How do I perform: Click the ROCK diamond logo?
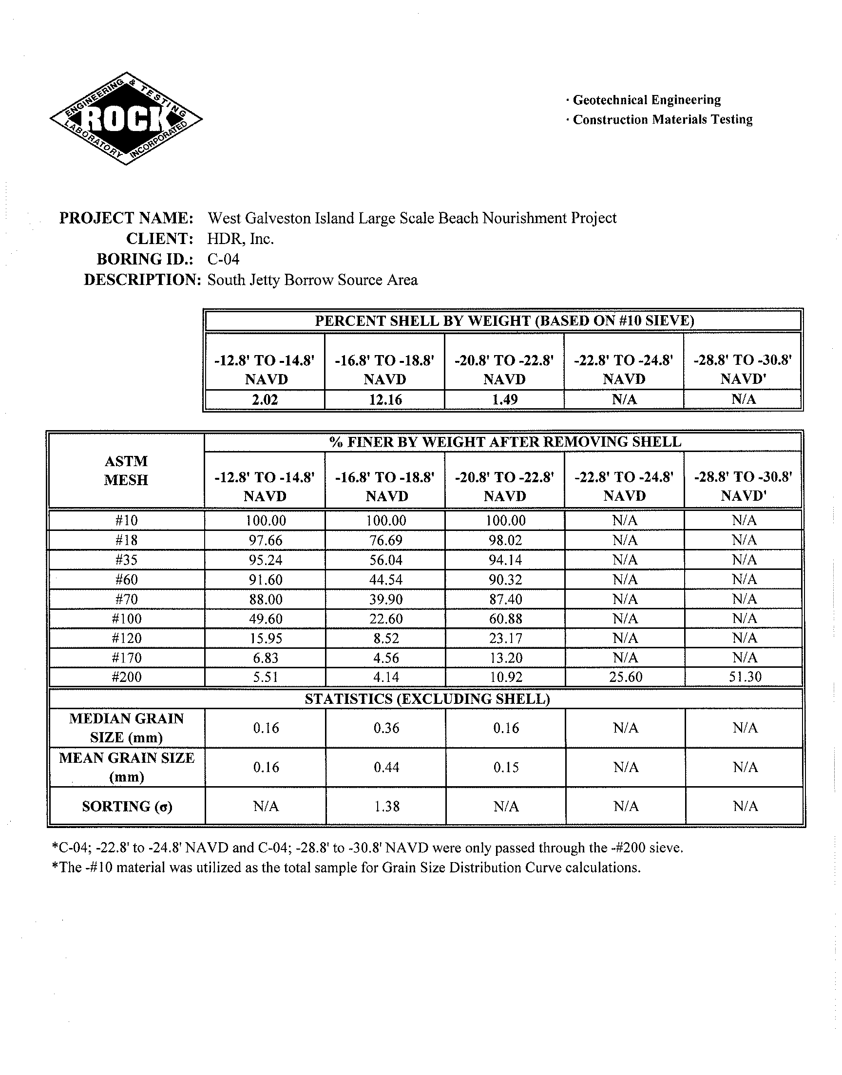tap(126, 118)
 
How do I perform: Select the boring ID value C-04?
tap(223, 259)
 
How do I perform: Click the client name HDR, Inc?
tap(241, 239)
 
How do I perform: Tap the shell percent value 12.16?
tap(385, 399)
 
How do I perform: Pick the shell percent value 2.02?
tap(265, 399)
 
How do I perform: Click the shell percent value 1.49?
tap(504, 399)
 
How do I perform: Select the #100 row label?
tap(127, 619)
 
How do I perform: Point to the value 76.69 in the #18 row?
tap(385, 541)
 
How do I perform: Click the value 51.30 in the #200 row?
tap(745, 677)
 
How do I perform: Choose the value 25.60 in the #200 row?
tap(625, 677)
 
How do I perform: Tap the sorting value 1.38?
tap(386, 807)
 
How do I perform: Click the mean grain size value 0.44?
tap(386, 767)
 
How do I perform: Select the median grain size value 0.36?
tap(386, 728)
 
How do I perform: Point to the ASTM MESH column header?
tap(126, 471)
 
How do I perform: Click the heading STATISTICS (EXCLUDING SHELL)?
tap(427, 699)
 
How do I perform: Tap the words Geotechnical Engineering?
tap(646, 100)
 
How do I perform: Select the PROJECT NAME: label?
tap(126, 218)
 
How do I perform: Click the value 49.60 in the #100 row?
tap(266, 619)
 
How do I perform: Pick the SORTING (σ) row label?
tap(127, 807)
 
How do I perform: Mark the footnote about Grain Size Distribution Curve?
tap(346, 868)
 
